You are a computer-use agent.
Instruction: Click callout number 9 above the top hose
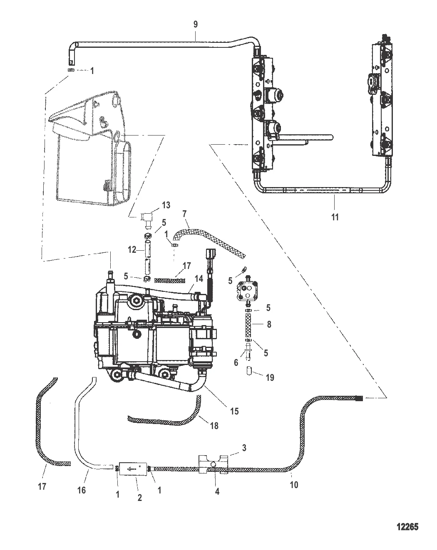click(x=196, y=25)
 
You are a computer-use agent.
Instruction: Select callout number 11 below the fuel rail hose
click(x=335, y=217)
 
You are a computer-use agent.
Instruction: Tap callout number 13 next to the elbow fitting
click(x=154, y=205)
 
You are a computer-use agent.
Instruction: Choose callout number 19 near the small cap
click(x=270, y=378)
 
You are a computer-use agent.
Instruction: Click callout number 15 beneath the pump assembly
click(x=234, y=411)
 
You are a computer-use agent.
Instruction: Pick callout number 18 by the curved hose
click(x=214, y=426)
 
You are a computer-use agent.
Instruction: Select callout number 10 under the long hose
click(x=294, y=485)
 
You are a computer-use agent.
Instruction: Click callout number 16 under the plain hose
click(x=82, y=491)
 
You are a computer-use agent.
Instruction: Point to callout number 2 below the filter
click(x=139, y=498)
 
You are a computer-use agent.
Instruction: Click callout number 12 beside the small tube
click(x=132, y=250)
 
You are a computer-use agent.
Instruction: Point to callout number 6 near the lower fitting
click(x=236, y=363)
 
